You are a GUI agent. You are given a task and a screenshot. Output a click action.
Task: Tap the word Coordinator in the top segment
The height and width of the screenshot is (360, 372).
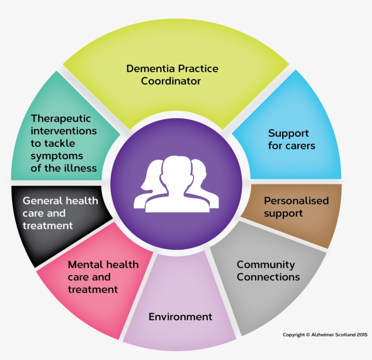click(x=171, y=82)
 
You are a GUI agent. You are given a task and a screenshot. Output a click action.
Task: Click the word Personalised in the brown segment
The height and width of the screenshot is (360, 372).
click(x=296, y=201)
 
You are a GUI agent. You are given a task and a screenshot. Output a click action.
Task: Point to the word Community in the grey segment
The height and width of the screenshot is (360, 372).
click(x=265, y=265)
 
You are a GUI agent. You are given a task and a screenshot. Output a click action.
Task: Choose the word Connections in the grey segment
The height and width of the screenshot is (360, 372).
click(x=268, y=277)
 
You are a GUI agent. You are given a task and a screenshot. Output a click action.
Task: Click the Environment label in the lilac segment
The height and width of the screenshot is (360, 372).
click(x=180, y=316)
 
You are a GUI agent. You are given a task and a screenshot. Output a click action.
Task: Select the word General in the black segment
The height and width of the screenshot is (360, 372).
click(x=42, y=201)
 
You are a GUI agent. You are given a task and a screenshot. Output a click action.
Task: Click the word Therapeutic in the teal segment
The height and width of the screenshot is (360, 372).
click(x=61, y=118)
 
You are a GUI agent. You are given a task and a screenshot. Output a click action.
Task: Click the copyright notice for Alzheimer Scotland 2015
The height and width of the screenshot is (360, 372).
click(x=325, y=335)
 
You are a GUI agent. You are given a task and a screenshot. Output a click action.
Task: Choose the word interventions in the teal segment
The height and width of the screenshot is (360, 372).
click(x=64, y=131)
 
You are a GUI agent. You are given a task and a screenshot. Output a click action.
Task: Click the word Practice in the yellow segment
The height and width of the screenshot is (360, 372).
click(x=197, y=69)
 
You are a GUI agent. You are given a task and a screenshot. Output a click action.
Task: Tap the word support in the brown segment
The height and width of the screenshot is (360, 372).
click(x=283, y=213)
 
